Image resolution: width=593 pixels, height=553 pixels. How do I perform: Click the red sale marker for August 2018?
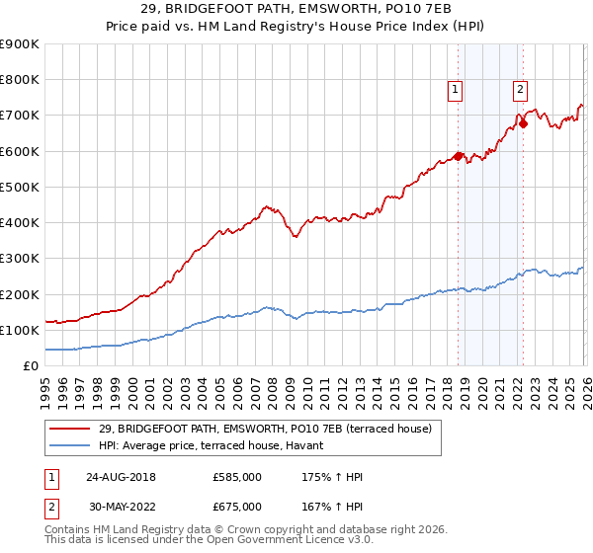coord(459,155)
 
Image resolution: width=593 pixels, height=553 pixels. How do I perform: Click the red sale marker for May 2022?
coord(524,123)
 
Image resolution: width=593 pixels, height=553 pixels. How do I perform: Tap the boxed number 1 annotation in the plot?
coord(455,90)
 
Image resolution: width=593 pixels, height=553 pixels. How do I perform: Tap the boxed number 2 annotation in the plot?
coord(520,90)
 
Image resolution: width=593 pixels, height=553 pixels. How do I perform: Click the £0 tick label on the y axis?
coord(31,365)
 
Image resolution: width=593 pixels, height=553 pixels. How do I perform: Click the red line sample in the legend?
coord(71,429)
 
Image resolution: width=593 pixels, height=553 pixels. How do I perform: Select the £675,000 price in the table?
coord(237,507)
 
